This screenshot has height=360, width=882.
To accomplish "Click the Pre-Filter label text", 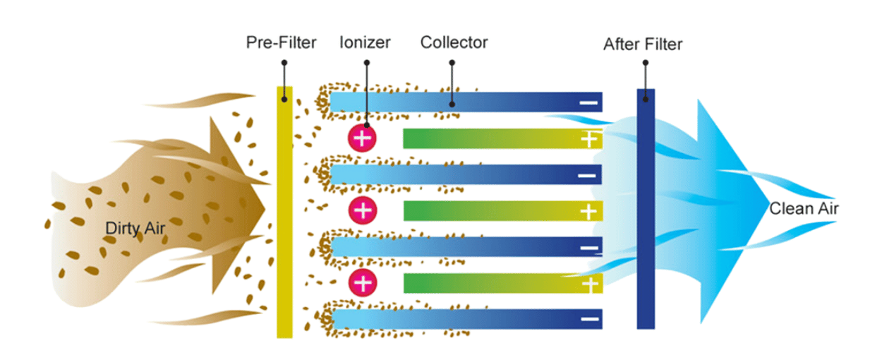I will (x=281, y=42).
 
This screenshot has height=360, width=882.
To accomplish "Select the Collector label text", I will (x=454, y=42).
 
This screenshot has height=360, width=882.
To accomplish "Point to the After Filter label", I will (x=643, y=45).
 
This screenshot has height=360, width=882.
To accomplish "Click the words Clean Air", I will (x=804, y=209).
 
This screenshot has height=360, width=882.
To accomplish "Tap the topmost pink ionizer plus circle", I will (x=362, y=138).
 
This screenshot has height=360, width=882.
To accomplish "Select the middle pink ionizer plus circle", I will (x=362, y=210).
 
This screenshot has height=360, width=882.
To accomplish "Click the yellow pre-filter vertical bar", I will (x=284, y=212).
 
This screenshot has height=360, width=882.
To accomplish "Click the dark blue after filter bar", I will (x=646, y=212).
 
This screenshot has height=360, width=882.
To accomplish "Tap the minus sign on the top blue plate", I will (x=588, y=103).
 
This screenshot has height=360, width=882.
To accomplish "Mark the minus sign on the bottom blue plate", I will (x=588, y=319).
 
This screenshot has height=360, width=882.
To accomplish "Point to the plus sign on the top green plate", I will (x=588, y=139).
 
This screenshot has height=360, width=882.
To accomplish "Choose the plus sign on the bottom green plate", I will (x=588, y=284).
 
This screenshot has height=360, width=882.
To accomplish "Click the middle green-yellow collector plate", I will (x=494, y=210).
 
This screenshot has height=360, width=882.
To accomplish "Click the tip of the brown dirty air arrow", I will (x=265, y=208).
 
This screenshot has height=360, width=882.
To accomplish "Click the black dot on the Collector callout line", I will (x=452, y=104).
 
